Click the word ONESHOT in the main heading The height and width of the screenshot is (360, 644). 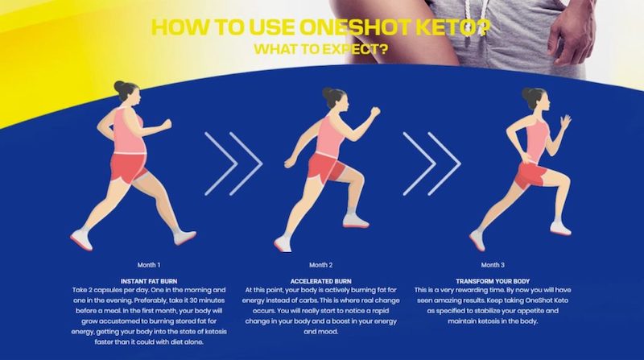(354, 27)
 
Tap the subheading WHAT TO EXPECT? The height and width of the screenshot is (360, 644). (320, 49)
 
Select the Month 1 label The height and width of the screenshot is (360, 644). (149, 265)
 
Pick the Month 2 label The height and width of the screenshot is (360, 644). (320, 265)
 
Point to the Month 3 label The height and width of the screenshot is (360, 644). (493, 265)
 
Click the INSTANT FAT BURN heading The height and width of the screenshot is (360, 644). (149, 282)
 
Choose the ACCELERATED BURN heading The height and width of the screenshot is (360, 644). (320, 282)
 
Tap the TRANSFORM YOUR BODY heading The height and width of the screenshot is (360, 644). (493, 282)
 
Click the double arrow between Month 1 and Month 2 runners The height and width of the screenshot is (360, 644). (233, 163)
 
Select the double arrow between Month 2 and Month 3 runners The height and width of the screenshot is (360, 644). (431, 163)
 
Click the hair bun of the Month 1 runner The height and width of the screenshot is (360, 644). (118, 86)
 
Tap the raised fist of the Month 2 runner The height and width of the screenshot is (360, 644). (374, 112)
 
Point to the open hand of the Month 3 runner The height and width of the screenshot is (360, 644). (566, 122)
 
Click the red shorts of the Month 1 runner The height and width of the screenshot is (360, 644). (128, 168)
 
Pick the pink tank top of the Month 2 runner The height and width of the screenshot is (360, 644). (329, 134)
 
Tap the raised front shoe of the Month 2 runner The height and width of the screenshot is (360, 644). (356, 221)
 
